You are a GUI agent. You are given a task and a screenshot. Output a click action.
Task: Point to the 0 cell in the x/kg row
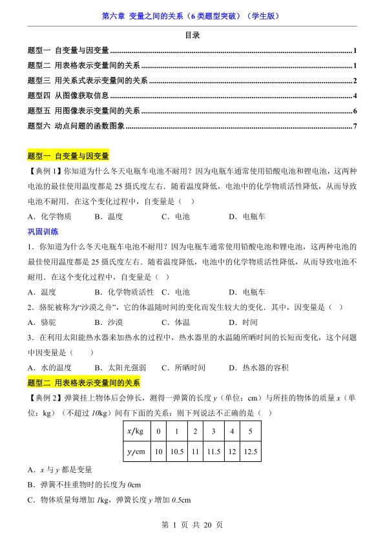[158, 431]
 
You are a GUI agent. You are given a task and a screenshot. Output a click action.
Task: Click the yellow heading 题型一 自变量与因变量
[68, 156]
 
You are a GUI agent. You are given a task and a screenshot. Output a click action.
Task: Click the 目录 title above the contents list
[192, 36]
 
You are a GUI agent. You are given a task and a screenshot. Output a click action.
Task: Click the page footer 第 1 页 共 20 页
[192, 525]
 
